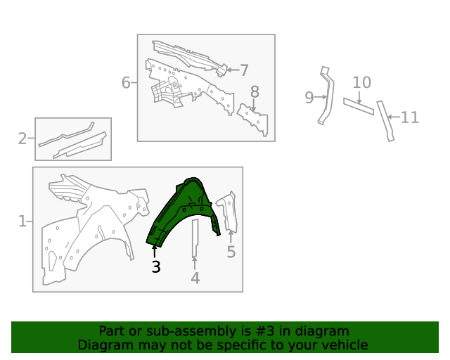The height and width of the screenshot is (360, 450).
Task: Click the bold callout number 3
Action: click(x=156, y=267)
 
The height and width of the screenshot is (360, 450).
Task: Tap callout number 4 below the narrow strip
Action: click(x=195, y=278)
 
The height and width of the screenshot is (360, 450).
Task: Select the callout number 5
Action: click(x=231, y=252)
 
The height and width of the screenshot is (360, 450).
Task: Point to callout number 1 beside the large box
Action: click(x=22, y=221)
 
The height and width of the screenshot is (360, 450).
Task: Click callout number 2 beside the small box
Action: click(x=22, y=139)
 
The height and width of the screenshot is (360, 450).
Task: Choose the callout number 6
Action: click(x=126, y=83)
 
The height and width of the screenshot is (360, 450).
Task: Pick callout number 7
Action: click(x=244, y=70)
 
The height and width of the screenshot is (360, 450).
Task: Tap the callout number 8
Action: click(x=255, y=92)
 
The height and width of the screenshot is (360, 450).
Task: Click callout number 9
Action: click(x=309, y=97)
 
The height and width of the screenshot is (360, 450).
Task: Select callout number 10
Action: click(x=361, y=83)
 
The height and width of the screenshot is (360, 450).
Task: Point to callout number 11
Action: click(x=409, y=117)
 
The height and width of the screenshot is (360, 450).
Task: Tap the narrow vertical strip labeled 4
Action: click(x=195, y=238)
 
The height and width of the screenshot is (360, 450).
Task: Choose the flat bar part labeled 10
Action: click(x=359, y=106)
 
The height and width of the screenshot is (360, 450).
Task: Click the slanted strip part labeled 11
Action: click(x=385, y=120)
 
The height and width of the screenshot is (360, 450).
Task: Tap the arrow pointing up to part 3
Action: click(x=155, y=252)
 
